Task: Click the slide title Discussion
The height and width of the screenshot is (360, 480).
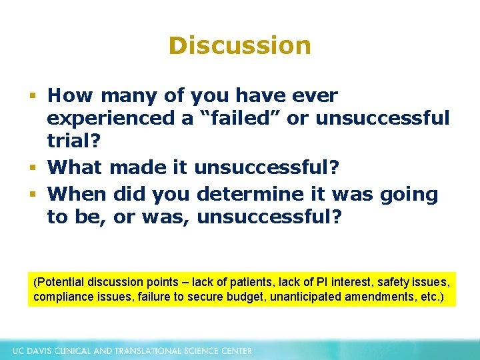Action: (239, 45)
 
